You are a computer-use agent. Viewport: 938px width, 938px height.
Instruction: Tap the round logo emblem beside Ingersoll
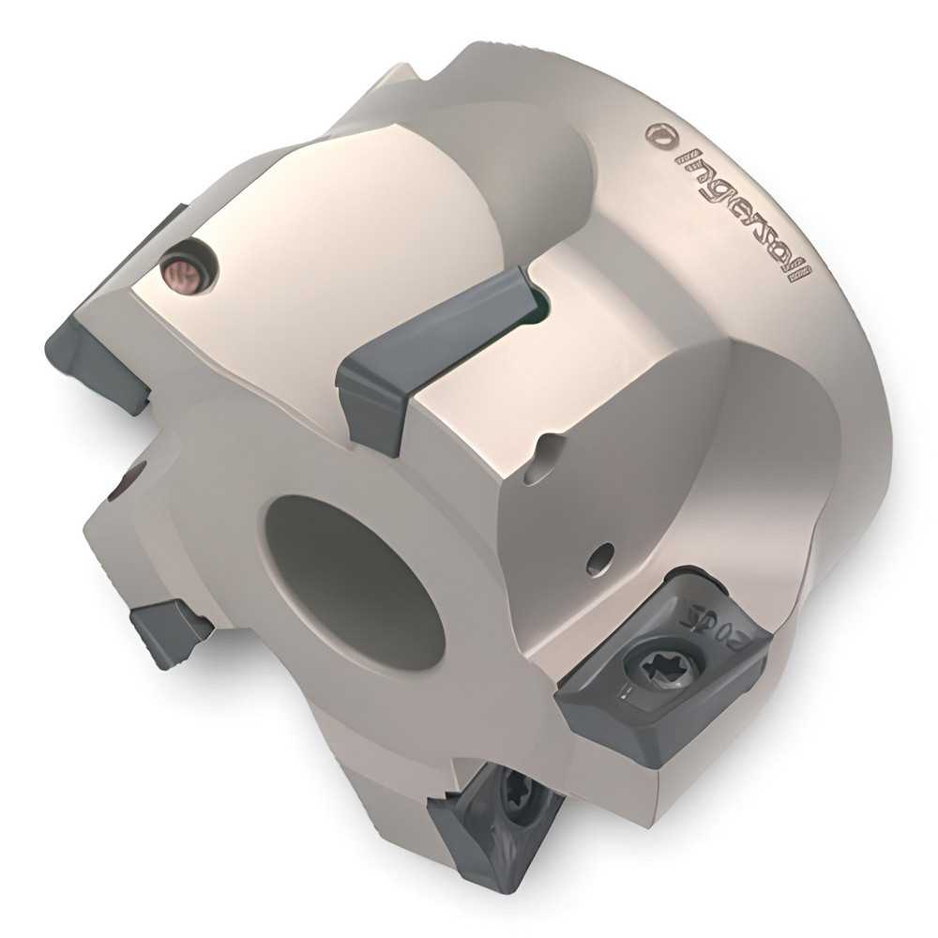(x=660, y=134)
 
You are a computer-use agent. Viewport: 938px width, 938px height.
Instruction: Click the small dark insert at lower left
(x=169, y=631)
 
